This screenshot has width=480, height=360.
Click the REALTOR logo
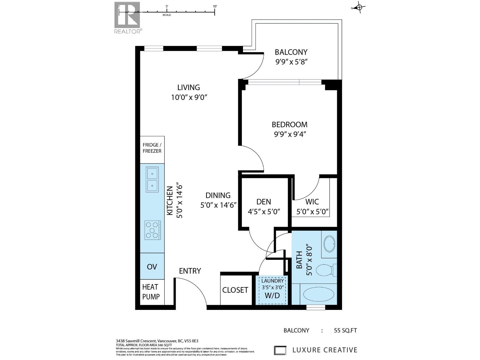[127, 17]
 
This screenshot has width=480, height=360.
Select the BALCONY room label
[291, 52]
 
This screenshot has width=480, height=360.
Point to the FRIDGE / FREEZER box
[152, 148]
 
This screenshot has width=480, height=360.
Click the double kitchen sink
[152, 179]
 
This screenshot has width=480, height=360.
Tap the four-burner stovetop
[152, 230]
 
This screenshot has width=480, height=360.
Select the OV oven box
[152, 267]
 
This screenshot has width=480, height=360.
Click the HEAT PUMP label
[151, 292]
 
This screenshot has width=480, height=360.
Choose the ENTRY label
[190, 271]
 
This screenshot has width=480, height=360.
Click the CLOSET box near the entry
[235, 290]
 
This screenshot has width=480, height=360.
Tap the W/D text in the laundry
[272, 295]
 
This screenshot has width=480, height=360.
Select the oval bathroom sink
[330, 244]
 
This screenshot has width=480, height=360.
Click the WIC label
[312, 202]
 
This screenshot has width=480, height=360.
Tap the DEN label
[264, 202]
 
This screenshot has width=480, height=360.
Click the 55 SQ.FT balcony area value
[345, 331]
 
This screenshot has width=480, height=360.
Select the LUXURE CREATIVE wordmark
[325, 350]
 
